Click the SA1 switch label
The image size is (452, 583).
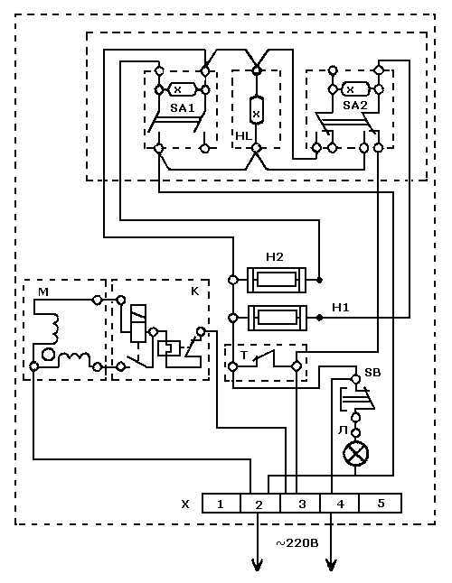pyautogui.click(x=183, y=107)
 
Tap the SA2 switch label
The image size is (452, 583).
pyautogui.click(x=355, y=106)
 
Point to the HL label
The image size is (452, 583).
pyautogui.click(x=244, y=135)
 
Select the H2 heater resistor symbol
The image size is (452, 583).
pyautogui.click(x=277, y=279)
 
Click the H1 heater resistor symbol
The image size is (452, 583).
pyautogui.click(x=278, y=318)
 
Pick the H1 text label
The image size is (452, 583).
pyautogui.click(x=341, y=308)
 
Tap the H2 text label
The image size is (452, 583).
pyautogui.click(x=275, y=257)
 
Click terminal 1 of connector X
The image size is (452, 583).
pyautogui.click(x=221, y=504)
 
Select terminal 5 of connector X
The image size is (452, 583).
pyautogui.click(x=381, y=504)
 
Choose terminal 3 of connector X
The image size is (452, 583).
pyautogui.click(x=302, y=504)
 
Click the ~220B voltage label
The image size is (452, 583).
pyautogui.click(x=297, y=543)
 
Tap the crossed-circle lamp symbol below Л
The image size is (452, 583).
pyautogui.click(x=355, y=454)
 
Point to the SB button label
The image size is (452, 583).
pyautogui.click(x=372, y=372)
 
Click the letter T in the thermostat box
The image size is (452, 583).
pyautogui.click(x=244, y=355)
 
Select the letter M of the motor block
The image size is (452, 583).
pyautogui.click(x=43, y=292)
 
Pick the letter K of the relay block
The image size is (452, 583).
pyautogui.click(x=194, y=291)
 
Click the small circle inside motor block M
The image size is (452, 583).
pyautogui.click(x=48, y=355)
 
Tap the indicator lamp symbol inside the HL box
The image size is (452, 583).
pyautogui.click(x=256, y=110)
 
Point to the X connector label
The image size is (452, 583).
pyautogui.click(x=185, y=504)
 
